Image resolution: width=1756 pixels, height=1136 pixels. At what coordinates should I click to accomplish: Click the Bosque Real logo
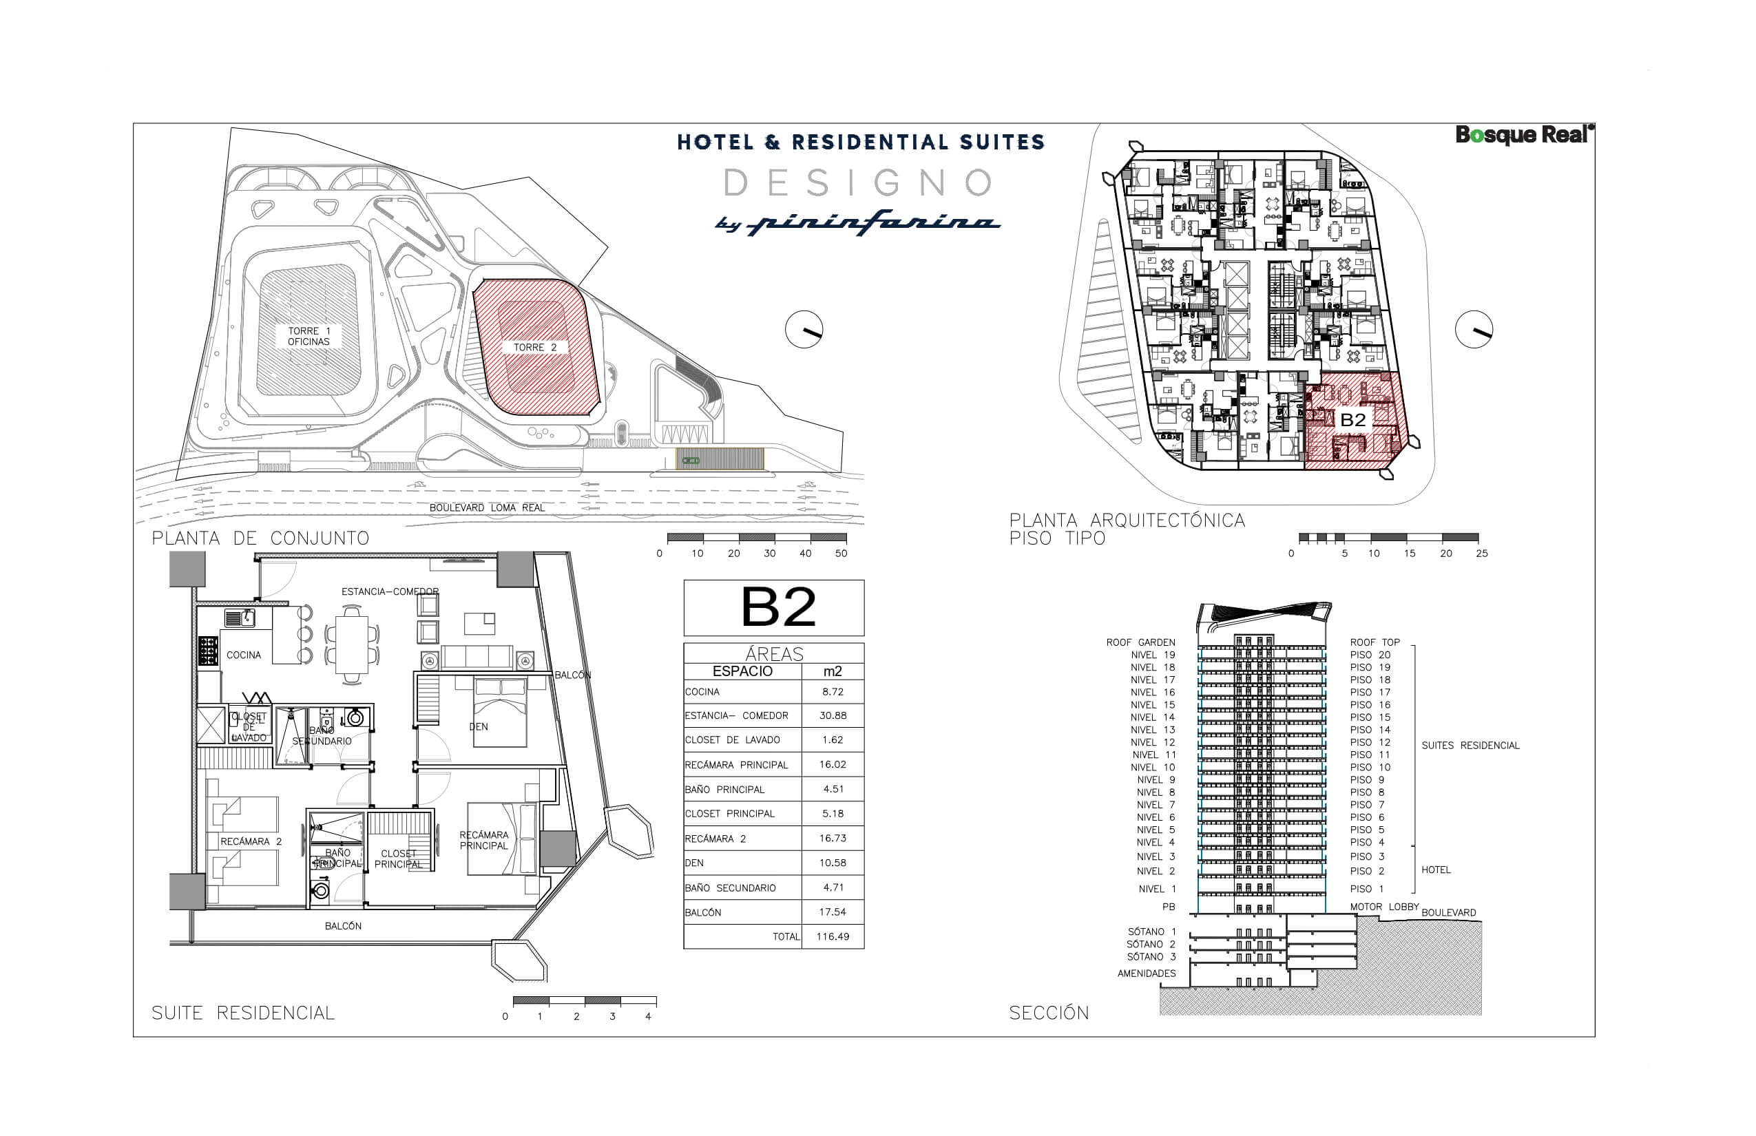coord(1523,135)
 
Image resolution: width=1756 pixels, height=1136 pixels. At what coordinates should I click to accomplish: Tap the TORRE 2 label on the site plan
coord(535,348)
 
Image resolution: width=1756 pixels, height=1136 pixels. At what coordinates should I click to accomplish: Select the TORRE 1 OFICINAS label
coord(309,337)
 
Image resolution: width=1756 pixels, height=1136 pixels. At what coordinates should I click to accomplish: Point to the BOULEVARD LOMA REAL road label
coord(487,507)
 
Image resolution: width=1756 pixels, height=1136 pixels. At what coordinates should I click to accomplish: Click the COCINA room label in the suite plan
coord(244,655)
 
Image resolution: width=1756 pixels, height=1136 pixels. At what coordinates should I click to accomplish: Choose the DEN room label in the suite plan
coord(478,726)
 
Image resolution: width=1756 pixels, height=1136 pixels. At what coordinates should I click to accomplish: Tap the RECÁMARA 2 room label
coord(251,841)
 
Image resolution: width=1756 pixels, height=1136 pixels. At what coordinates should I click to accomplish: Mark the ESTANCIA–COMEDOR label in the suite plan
coord(390,591)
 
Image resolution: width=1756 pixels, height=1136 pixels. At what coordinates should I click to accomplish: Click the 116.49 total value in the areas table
coord(833,937)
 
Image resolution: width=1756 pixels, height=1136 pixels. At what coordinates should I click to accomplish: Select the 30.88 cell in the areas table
coord(833,715)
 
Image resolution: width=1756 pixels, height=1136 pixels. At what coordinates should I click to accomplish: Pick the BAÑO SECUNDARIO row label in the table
coord(730,888)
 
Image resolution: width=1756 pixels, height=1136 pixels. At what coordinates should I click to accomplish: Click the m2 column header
coord(833,671)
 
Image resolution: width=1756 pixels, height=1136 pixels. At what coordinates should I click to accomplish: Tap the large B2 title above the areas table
coord(777,607)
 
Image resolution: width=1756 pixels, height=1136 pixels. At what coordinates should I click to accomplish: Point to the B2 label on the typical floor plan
coord(1352,420)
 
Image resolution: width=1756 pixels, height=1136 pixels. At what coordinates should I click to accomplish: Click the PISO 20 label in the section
coord(1370,655)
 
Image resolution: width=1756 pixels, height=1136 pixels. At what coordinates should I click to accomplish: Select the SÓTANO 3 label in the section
coord(1151,957)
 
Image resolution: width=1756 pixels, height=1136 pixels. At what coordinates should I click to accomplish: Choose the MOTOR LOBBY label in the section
coord(1384,907)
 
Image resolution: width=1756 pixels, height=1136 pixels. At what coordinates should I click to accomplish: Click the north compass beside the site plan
coord(804,330)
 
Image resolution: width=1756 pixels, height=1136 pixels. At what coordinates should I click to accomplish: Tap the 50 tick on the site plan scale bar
coord(841,554)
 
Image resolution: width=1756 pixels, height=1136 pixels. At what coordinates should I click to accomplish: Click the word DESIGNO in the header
coord(859,183)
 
